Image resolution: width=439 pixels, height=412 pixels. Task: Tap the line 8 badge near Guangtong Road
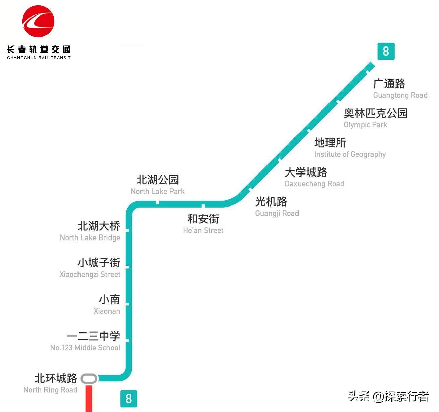coord(386,52)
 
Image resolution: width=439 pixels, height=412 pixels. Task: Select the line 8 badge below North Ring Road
coord(128,399)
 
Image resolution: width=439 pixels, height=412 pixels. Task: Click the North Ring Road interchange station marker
coord(89,378)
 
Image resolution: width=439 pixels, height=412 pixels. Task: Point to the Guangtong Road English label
coord(400,95)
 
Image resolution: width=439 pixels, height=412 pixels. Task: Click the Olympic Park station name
coord(365,125)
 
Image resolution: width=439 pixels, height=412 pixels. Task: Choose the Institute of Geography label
coord(350,154)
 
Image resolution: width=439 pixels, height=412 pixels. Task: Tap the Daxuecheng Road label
coord(314,184)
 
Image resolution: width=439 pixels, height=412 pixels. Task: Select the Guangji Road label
coord(277,213)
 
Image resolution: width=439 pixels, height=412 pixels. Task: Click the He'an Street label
coord(203,231)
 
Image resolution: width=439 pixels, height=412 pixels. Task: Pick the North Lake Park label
coord(157,191)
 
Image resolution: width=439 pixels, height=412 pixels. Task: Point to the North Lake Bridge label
coord(90,237)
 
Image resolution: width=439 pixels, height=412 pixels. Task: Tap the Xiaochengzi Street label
coord(90,274)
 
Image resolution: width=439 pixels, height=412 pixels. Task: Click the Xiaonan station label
coord(107,311)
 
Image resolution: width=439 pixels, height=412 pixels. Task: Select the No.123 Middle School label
coord(85,348)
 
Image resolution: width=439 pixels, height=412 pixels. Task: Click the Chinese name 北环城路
coord(56,378)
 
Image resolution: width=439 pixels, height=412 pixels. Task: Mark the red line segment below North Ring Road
coord(89,399)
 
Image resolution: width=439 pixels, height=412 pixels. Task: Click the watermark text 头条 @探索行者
coord(388,397)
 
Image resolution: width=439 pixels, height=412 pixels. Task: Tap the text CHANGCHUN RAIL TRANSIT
coord(39,58)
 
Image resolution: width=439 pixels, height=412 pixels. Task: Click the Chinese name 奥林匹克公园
coord(375,113)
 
